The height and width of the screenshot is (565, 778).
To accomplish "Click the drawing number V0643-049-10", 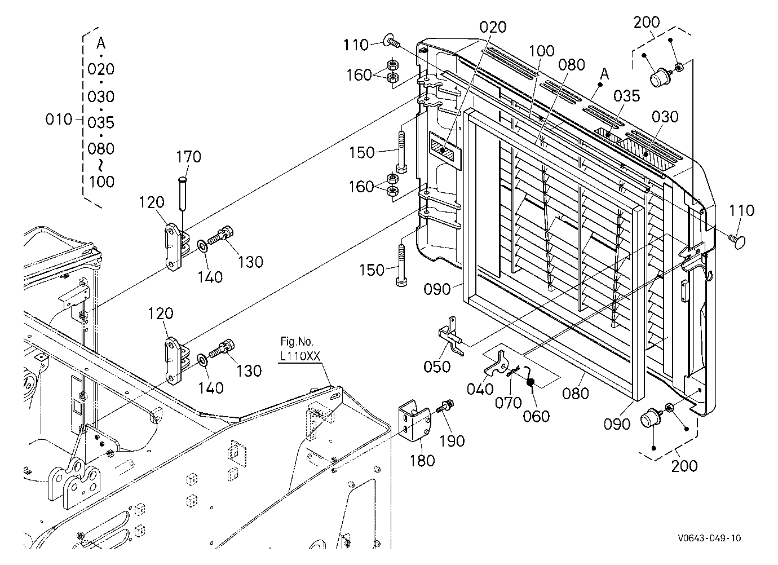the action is (709, 538).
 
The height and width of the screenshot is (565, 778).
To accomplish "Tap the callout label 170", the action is (189, 157).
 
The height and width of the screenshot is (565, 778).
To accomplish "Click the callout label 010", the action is (59, 120).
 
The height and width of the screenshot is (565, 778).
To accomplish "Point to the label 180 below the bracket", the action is (422, 461).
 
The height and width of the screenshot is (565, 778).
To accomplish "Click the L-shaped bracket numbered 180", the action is (414, 421).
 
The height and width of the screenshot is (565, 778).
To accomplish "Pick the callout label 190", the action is (452, 442).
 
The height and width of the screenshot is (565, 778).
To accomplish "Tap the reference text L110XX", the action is (300, 356).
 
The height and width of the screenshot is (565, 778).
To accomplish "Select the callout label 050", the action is (437, 367).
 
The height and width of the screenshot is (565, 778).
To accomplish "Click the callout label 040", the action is (480, 389).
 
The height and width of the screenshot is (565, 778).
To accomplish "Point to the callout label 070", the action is (508, 403).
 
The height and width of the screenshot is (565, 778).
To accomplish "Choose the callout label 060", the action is (536, 416).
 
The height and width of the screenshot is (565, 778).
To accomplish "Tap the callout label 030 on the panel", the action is (665, 117).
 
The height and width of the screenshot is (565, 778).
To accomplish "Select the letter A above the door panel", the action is (605, 74).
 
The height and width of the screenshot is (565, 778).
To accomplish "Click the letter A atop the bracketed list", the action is (101, 43).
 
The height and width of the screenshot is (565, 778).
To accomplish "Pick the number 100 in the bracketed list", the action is (101, 182).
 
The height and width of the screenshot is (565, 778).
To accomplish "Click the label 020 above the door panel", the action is (493, 27).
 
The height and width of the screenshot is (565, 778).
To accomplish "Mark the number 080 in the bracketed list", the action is (101, 149).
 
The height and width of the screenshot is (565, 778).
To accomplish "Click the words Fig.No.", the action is (297, 342).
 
